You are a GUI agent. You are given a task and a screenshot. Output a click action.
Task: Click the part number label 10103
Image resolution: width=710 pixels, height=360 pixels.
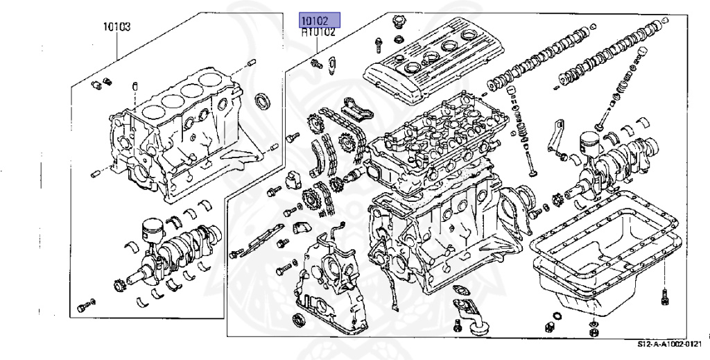pos(116,27)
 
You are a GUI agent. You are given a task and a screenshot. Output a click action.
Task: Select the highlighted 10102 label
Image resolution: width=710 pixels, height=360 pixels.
pos(319,20)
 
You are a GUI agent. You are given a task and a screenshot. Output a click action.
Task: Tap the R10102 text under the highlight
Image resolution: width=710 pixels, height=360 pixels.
pos(319,32)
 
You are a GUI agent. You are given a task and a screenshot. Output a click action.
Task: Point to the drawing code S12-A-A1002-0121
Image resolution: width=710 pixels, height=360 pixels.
pos(670,345)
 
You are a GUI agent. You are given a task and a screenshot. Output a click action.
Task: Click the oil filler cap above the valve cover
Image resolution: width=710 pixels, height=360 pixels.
pos(398,22)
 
